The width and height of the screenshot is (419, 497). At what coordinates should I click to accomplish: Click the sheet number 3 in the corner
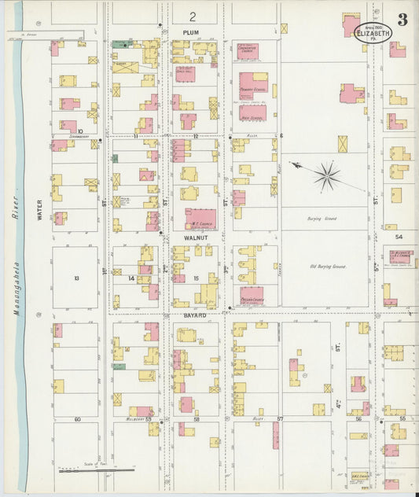[402, 20]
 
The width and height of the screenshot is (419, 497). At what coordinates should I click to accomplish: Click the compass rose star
[325, 175]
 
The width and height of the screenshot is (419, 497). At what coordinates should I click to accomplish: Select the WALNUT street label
[193, 234]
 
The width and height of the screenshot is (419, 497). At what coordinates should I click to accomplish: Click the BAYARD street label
[194, 315]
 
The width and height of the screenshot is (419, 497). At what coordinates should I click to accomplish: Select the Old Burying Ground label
[328, 267]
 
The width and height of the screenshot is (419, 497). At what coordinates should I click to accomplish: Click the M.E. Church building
[201, 219]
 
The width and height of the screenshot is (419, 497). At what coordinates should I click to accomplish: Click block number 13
[76, 278]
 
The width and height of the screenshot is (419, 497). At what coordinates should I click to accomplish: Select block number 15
[195, 278]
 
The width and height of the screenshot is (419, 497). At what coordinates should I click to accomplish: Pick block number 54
[399, 236]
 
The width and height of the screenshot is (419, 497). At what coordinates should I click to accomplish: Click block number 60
[77, 419]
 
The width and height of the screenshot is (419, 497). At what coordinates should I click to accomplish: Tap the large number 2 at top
[192, 16]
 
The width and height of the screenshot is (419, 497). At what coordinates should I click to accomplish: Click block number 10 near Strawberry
[79, 131]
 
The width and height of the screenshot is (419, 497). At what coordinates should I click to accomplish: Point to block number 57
[279, 419]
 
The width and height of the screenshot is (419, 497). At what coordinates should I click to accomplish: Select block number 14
[132, 278]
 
